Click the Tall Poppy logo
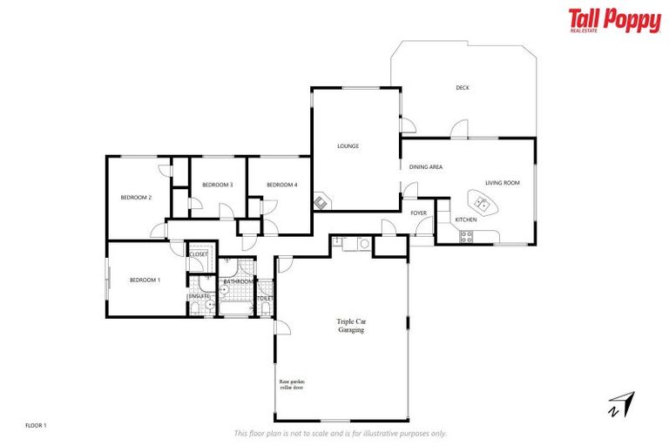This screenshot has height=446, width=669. (x=614, y=21)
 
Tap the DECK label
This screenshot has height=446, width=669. (x=462, y=87)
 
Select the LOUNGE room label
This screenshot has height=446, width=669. (x=348, y=146)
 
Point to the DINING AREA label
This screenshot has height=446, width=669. (x=426, y=166)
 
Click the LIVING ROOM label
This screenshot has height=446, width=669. (x=503, y=183)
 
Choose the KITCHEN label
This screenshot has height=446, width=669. (x=466, y=220)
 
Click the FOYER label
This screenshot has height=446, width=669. (x=419, y=213)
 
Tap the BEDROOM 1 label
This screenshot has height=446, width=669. (x=145, y=280)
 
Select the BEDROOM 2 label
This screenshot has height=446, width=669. (x=136, y=198)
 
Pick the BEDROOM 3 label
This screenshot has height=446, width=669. (x=217, y=185)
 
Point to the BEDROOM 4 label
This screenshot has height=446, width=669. (x=282, y=185)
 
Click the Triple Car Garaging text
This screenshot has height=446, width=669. (x=350, y=326)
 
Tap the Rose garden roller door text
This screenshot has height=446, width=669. (x=292, y=385)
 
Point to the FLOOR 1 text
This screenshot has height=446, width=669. (x=36, y=425)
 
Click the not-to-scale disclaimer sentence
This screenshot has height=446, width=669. (x=341, y=433)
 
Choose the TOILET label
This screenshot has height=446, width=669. (x=266, y=299)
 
